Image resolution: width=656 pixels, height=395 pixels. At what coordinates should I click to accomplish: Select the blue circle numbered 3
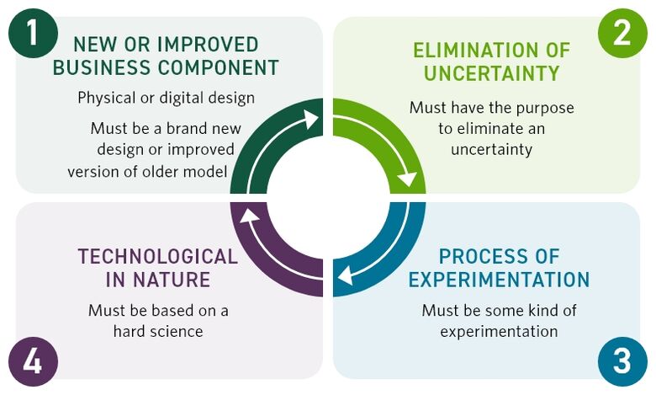[x=622, y=361]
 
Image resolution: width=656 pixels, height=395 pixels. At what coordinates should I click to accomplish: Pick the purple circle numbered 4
[x=33, y=361]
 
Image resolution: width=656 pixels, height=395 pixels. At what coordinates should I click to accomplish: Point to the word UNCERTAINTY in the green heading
[x=491, y=73]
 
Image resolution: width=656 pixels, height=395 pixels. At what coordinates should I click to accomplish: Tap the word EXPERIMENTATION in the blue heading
[x=499, y=280]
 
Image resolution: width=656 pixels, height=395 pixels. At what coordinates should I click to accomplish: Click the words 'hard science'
[x=158, y=331]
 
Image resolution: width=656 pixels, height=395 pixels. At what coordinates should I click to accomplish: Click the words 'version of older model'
[x=148, y=171]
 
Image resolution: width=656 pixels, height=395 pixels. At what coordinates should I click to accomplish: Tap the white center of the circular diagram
[x=327, y=198]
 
